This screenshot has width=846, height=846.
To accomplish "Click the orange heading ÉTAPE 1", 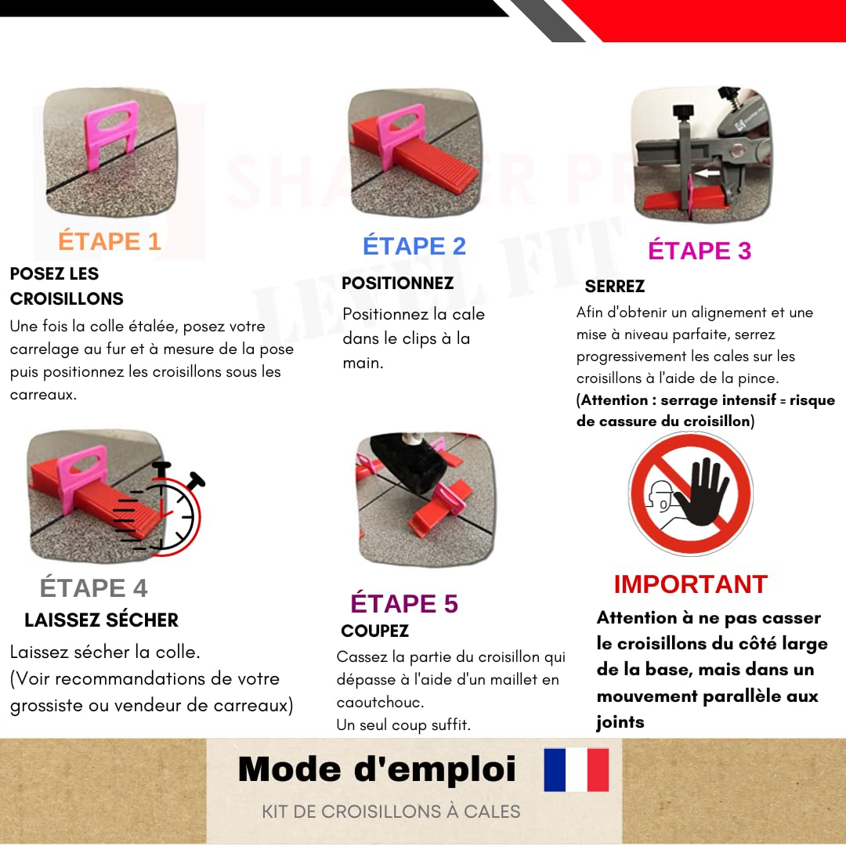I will (x=110, y=241).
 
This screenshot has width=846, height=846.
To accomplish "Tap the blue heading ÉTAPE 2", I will (x=414, y=246).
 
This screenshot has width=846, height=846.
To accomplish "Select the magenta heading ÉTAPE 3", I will (x=700, y=251).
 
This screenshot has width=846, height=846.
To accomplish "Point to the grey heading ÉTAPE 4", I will (x=94, y=587).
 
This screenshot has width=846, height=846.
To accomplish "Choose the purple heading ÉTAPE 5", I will (x=404, y=603).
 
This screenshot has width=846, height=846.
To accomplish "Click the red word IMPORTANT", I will (x=690, y=584).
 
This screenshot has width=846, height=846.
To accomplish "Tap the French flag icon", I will (x=577, y=769).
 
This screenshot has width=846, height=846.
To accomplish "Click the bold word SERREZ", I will (x=615, y=286).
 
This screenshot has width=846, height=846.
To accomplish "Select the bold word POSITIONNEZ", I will (x=398, y=283).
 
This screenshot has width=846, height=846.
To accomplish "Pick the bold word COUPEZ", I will (x=375, y=631).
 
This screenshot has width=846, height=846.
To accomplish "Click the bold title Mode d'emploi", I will (x=377, y=769).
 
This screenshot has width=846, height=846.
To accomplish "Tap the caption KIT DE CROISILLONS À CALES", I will (x=391, y=812).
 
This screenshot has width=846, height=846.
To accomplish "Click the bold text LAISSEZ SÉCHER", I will (x=102, y=620).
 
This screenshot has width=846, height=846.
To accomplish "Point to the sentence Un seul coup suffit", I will (x=403, y=725).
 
